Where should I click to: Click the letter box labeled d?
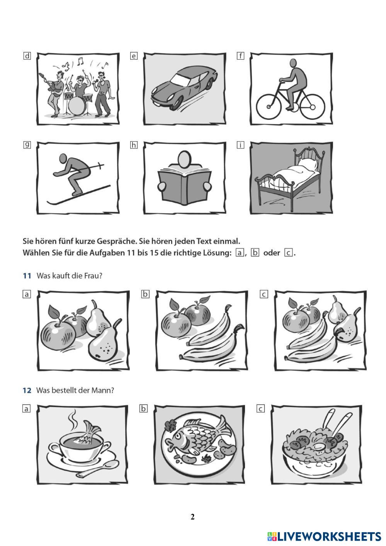tap(27, 56)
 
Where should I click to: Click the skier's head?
tap(63, 159)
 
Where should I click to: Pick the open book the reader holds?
tap(185, 185)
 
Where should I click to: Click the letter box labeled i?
tap(240, 145)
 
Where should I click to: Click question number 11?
tap(27, 276)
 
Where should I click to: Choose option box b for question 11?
tap(145, 294)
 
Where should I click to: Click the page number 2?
tap(192, 517)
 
